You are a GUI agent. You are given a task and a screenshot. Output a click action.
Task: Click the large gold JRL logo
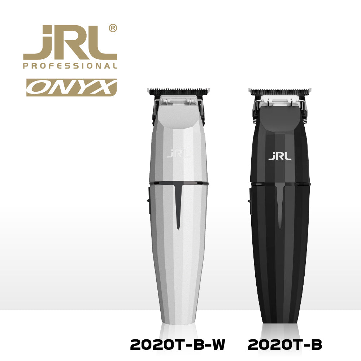[70, 43]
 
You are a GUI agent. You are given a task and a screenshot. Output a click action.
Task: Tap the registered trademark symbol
[113, 29]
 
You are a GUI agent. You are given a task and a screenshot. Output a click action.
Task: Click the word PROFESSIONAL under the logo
[70, 66]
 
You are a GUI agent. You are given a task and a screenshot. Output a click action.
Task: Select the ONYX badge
[71, 87]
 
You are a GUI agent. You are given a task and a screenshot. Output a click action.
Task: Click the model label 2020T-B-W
[178, 345]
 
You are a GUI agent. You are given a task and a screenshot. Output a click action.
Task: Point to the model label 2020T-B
[284, 345]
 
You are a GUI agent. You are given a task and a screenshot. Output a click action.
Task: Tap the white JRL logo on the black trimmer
[280, 156]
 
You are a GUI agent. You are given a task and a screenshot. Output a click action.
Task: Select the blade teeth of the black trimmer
[280, 90]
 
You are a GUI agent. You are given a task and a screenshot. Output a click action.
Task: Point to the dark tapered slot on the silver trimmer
[179, 206]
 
